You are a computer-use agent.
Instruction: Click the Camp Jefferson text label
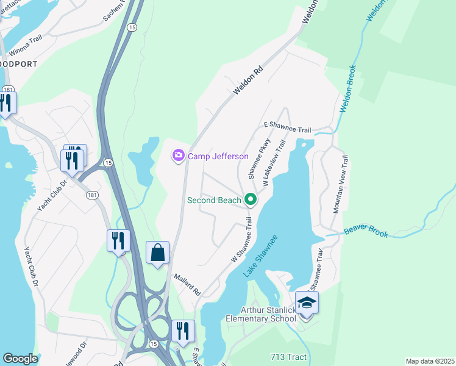pos(218,156)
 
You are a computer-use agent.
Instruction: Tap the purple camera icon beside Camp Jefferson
pos(179,156)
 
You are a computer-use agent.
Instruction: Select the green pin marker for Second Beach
pos(250,199)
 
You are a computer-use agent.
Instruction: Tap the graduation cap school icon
pos(306,303)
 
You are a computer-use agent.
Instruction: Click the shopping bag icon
pos(157,252)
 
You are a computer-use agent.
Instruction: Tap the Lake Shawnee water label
pos(261,256)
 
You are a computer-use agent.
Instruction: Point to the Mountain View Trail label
pos(340,184)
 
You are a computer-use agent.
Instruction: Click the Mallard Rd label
pos(187,284)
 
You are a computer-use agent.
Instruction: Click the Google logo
pos(20,359)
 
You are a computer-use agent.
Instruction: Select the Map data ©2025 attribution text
pos(429,361)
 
